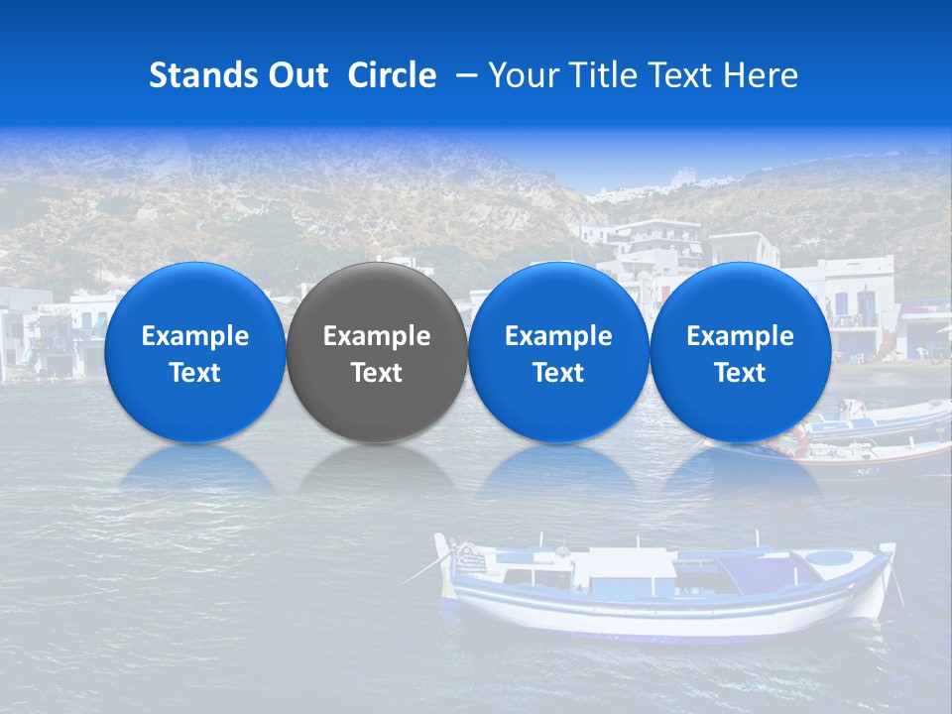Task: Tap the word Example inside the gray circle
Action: [377, 336]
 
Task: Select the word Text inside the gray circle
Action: [377, 373]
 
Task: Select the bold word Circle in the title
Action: [392, 75]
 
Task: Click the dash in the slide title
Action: [467, 75]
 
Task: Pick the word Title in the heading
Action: [607, 75]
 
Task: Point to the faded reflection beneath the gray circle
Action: [377, 470]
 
